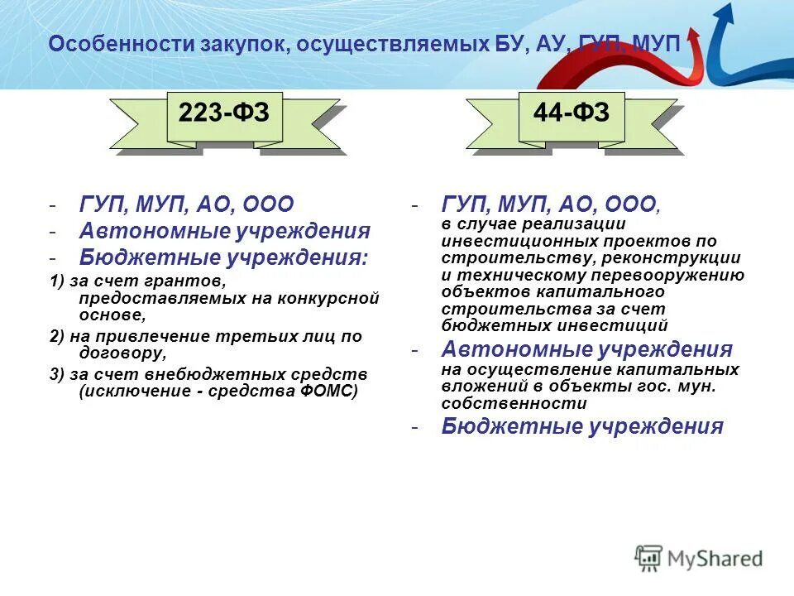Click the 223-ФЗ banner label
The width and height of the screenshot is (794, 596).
(x=224, y=113)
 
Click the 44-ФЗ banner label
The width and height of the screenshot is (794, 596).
(x=572, y=113)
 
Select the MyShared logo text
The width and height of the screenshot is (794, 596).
(x=715, y=559)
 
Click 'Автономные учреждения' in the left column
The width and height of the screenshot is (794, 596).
(x=225, y=231)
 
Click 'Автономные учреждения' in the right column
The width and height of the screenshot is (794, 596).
(x=586, y=349)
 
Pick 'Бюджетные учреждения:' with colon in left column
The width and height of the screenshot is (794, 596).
(x=223, y=257)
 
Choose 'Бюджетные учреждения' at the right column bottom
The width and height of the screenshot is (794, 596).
(x=582, y=426)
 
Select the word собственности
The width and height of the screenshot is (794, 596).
(x=514, y=403)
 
